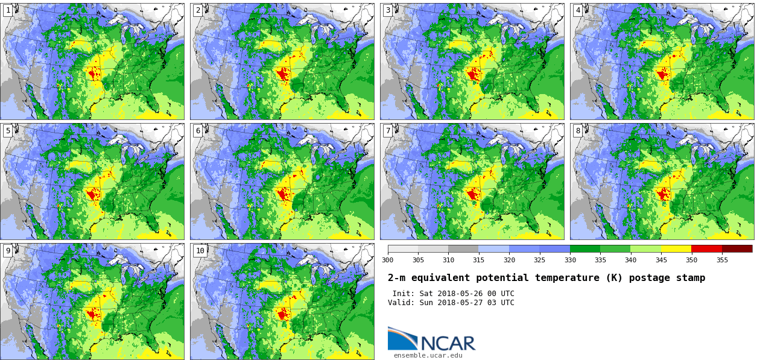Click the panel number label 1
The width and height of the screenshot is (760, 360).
[8, 10]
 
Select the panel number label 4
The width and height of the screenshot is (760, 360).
[578, 10]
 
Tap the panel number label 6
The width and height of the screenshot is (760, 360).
[198, 131]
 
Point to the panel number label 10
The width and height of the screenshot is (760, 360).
[200, 251]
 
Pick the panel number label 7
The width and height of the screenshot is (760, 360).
[388, 131]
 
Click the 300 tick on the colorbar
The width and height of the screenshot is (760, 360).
[387, 260]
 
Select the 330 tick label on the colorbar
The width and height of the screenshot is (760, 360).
[570, 260]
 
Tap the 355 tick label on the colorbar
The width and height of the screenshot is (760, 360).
[722, 260]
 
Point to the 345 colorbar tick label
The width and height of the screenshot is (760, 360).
[661, 260]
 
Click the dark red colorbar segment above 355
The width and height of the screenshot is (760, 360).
[737, 248]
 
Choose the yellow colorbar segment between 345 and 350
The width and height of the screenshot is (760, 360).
[676, 248]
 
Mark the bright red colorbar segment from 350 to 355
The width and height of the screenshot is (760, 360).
[706, 248]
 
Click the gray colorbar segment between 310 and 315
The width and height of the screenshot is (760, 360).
[463, 248]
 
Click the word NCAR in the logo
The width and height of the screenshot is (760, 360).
[448, 343]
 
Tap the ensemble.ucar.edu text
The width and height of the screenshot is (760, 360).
[428, 356]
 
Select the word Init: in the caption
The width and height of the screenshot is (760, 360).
[404, 294]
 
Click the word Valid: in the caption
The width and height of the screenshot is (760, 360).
[401, 303]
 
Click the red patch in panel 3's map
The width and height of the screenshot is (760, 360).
[473, 75]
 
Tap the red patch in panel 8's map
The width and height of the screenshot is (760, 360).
[663, 194]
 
